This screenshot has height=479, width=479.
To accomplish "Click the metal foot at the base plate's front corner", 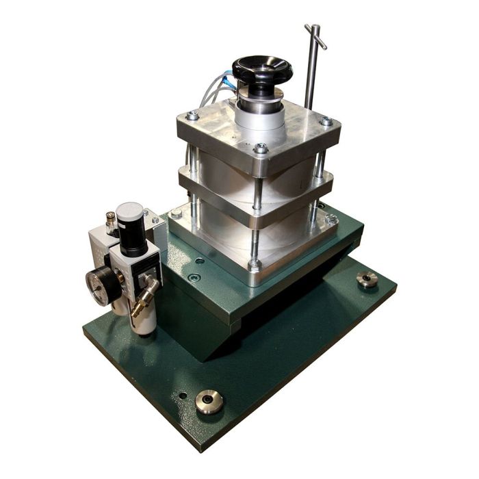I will click(209, 402).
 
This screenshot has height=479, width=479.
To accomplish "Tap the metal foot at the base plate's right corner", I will click(367, 279).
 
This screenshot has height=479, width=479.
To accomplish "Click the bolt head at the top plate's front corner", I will click(261, 148).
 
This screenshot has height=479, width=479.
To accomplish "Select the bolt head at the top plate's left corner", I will click(192, 116).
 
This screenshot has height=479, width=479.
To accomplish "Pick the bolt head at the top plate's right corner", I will click(326, 122).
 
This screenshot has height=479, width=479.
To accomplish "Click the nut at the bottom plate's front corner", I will click(254, 265).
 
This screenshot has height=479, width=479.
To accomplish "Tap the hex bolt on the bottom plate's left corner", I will click(177, 213).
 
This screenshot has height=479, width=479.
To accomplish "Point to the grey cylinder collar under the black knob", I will click(260, 113).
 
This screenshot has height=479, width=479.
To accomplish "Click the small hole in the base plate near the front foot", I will click(182, 395).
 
